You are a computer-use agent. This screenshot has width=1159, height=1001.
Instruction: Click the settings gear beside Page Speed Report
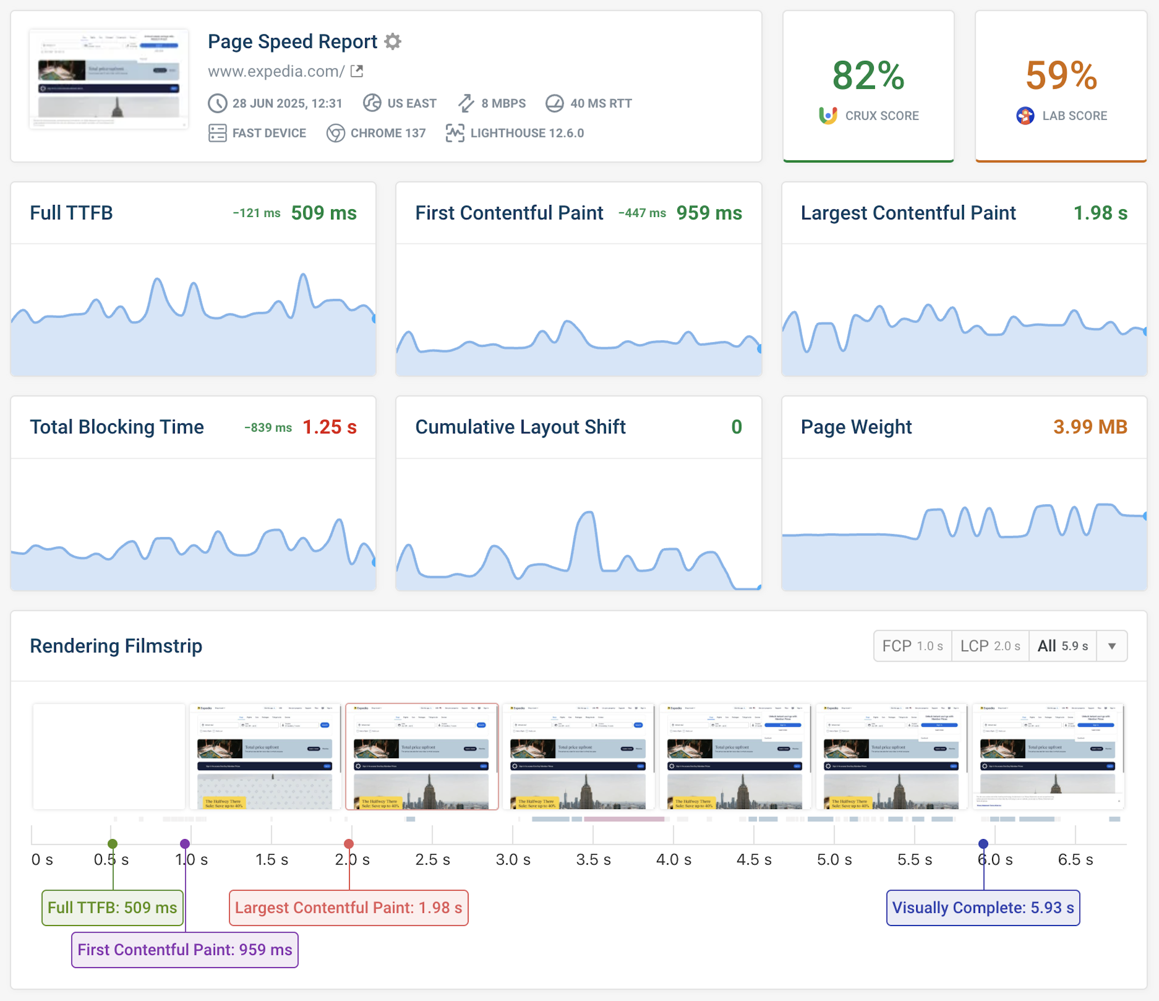[x=393, y=41]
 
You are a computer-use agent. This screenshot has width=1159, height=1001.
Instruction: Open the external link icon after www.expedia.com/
[x=357, y=71]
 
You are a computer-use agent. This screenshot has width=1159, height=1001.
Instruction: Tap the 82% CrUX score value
[x=868, y=75]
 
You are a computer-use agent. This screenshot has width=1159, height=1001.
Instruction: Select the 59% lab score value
[x=1061, y=75]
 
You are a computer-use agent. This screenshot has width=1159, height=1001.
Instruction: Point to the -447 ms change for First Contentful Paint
[x=641, y=213]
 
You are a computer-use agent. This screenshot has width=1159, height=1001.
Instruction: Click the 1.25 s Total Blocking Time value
[x=329, y=427]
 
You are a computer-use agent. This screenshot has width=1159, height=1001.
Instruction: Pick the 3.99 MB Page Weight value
[x=1090, y=427]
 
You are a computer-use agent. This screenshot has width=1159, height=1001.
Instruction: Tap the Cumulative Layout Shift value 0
[x=736, y=427]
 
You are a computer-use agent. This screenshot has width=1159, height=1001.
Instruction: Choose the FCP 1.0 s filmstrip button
[x=912, y=646]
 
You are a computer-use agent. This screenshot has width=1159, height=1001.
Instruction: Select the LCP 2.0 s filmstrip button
[x=990, y=646]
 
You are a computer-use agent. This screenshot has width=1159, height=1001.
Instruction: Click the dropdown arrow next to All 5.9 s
[x=1112, y=646]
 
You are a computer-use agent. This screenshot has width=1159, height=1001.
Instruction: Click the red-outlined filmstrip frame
[x=422, y=756]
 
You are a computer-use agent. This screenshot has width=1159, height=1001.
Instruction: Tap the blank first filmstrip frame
[x=109, y=756]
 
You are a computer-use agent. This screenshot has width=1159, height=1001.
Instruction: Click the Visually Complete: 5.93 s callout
[x=983, y=908]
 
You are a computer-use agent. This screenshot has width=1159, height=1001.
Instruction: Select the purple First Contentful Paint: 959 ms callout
[x=184, y=950]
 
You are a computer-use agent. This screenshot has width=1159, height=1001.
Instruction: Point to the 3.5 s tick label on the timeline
[x=593, y=860]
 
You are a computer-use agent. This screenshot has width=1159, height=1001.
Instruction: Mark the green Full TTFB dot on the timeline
[x=112, y=844]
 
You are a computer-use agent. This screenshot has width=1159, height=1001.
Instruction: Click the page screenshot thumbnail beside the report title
[x=109, y=79]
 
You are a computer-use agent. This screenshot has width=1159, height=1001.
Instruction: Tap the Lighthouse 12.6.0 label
[x=527, y=133]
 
